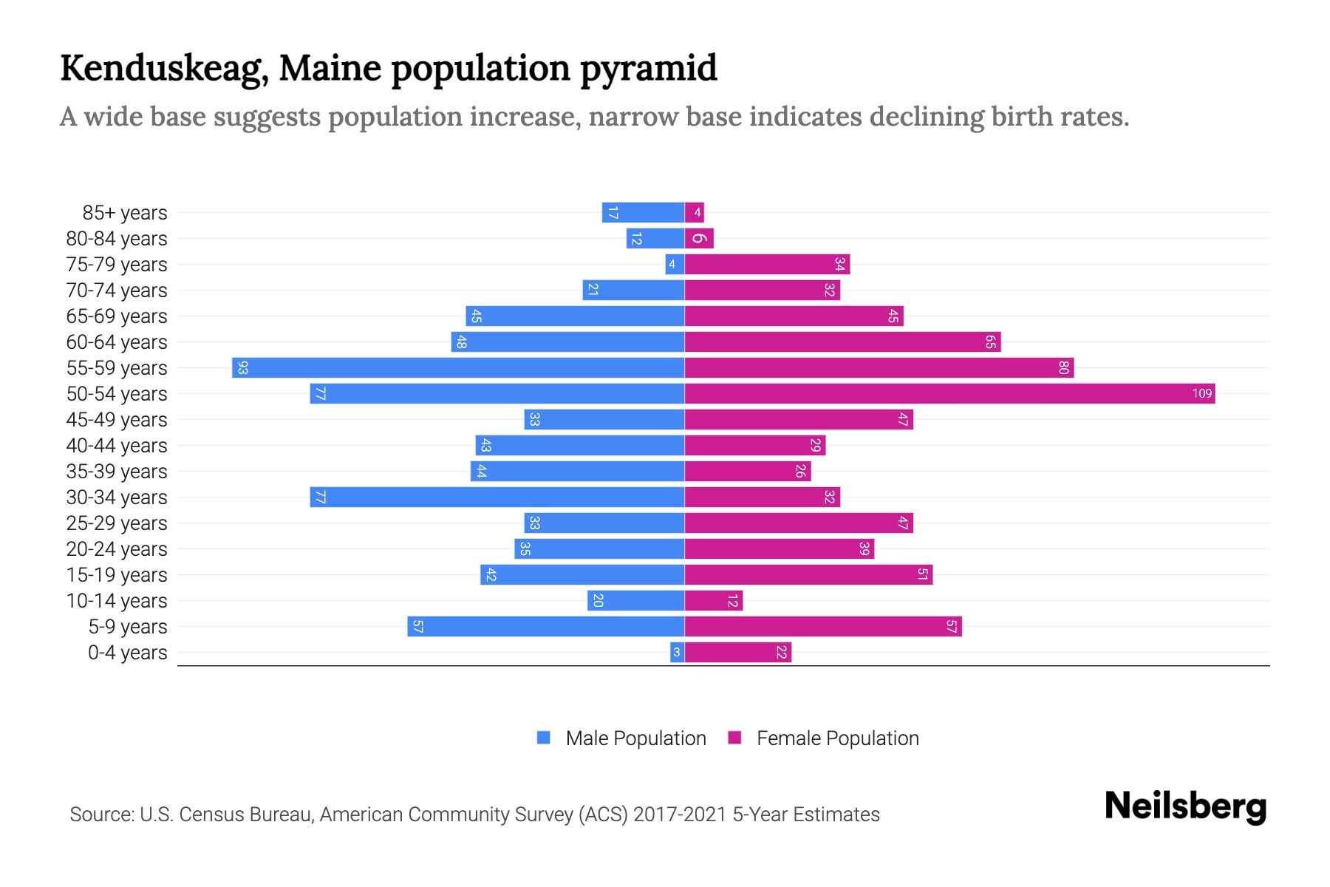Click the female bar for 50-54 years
click(949, 393)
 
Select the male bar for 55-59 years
click(458, 367)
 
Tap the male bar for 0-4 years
click(677, 652)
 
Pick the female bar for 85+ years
click(695, 213)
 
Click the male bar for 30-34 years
click(497, 497)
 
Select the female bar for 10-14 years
click(713, 600)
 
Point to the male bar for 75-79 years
click(675, 264)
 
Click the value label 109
click(1201, 393)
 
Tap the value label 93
click(243, 367)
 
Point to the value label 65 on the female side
click(990, 341)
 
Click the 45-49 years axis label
click(117, 420)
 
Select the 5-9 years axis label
click(128, 627)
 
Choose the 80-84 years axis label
click(117, 239)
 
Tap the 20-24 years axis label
click(117, 549)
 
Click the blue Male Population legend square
click(544, 738)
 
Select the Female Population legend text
click(837, 738)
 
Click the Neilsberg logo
click(1185, 806)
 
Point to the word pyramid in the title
click(648, 68)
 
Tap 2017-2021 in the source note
click(680, 815)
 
